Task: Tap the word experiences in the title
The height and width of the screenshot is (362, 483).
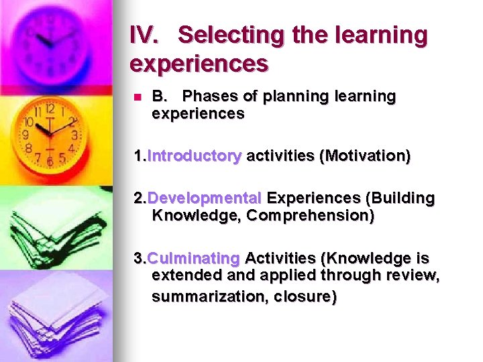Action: click(x=199, y=64)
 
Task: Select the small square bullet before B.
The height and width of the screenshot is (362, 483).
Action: click(x=137, y=97)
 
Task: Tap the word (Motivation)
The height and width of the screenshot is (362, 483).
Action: click(x=365, y=156)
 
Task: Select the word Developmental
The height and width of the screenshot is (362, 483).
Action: click(x=204, y=198)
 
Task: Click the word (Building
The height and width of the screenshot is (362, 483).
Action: click(x=400, y=198)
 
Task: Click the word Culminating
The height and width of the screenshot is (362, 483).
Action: click(x=193, y=258)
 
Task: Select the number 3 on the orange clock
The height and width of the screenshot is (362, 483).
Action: click(x=74, y=135)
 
